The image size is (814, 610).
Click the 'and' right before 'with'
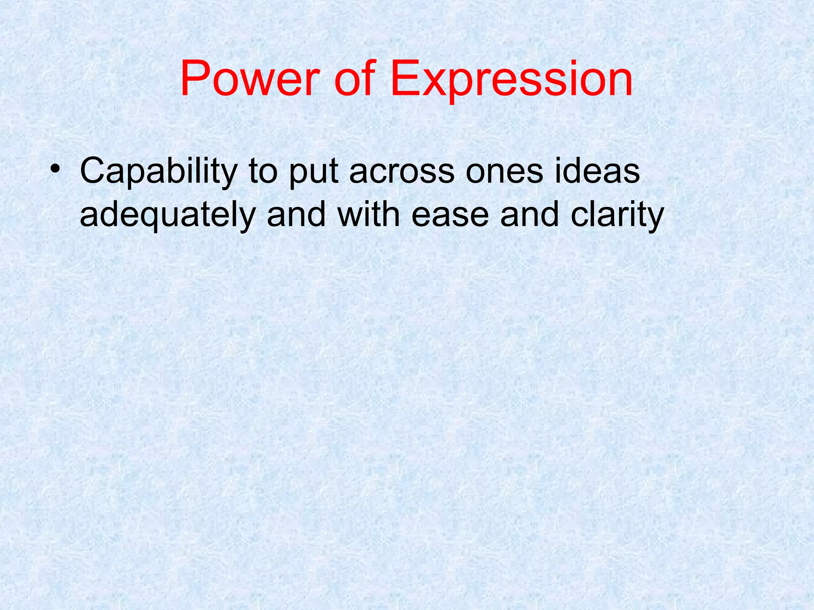[296, 214]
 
